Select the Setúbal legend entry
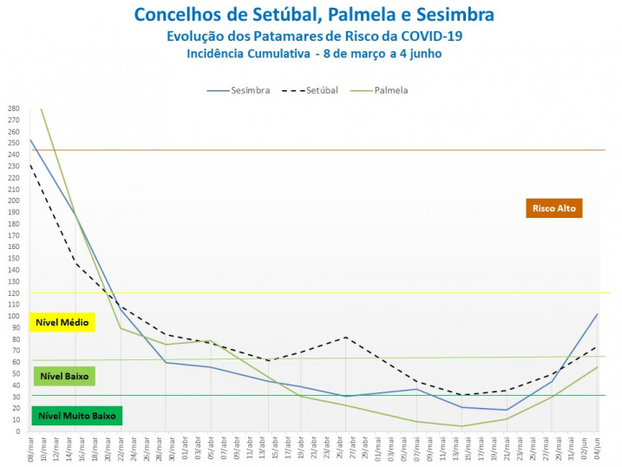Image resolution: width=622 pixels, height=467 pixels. [x=314, y=90]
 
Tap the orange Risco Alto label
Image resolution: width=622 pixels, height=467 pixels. [x=553, y=208]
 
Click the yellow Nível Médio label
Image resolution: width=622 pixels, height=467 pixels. [x=62, y=323]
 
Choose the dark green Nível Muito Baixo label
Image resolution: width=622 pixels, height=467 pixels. [x=75, y=416]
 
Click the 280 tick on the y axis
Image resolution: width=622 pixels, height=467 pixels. [x=14, y=109]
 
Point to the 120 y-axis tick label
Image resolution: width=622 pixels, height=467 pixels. [x=14, y=293]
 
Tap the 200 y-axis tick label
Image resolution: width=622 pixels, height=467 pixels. [x=14, y=201]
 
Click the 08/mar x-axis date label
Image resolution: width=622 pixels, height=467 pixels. [x=31, y=448]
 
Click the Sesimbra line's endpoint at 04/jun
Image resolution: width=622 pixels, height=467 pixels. [x=598, y=314]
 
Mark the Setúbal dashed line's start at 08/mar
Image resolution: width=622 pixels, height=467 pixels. [x=30, y=165]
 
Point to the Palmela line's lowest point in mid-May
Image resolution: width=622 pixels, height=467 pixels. [x=462, y=426]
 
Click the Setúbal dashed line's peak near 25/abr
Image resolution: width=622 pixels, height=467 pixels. [x=346, y=337]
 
